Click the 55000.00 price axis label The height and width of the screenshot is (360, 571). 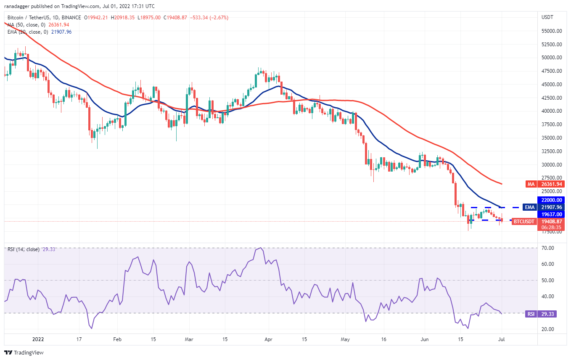click(552, 31)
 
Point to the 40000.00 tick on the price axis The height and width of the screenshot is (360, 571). click(552, 111)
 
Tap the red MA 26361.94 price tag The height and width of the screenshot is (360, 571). click(545, 184)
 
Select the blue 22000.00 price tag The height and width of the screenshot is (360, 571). click(551, 200)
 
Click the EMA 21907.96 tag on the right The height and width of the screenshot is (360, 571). click(544, 207)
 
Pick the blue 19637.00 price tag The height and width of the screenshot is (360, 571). click(551, 214)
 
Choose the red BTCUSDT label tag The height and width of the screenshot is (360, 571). click(523, 222)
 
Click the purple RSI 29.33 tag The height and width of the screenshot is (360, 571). click(541, 314)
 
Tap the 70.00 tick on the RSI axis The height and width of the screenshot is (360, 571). click(547, 248)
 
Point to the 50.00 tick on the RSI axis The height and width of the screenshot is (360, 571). click(547, 281)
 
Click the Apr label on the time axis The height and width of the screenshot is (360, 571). click(268, 339)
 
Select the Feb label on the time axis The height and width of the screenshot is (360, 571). click(117, 339)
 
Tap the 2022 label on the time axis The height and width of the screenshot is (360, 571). click(38, 339)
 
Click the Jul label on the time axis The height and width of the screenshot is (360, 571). click(501, 339)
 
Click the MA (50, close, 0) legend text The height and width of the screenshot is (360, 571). click(26, 25)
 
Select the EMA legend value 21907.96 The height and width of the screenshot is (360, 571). click(61, 32)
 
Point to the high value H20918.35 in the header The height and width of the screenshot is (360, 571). click(123, 18)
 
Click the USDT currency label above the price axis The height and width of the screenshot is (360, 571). click(547, 17)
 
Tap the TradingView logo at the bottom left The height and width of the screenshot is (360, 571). click(24, 352)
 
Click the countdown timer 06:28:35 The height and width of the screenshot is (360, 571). click(551, 228)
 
